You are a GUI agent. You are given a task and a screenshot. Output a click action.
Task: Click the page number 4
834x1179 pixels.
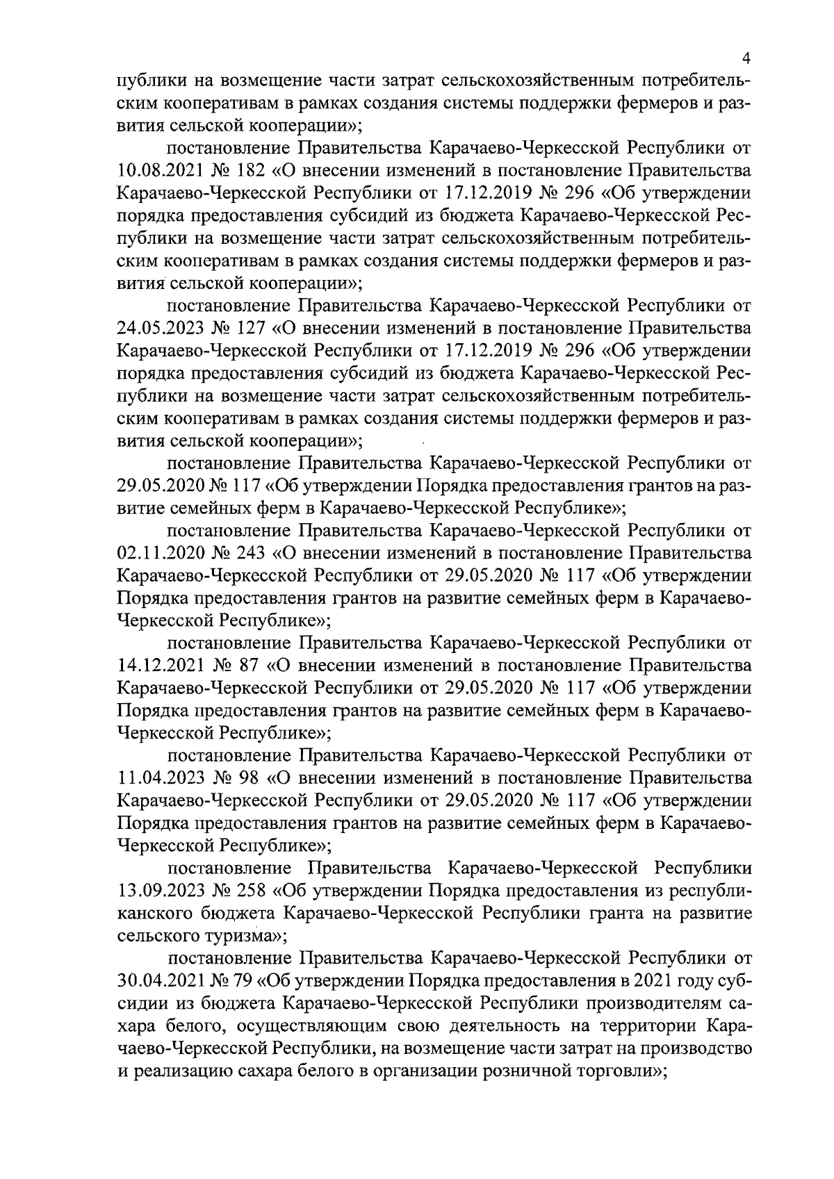[x=745, y=58]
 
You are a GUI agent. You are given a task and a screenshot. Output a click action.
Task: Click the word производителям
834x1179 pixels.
[x=653, y=1003]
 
